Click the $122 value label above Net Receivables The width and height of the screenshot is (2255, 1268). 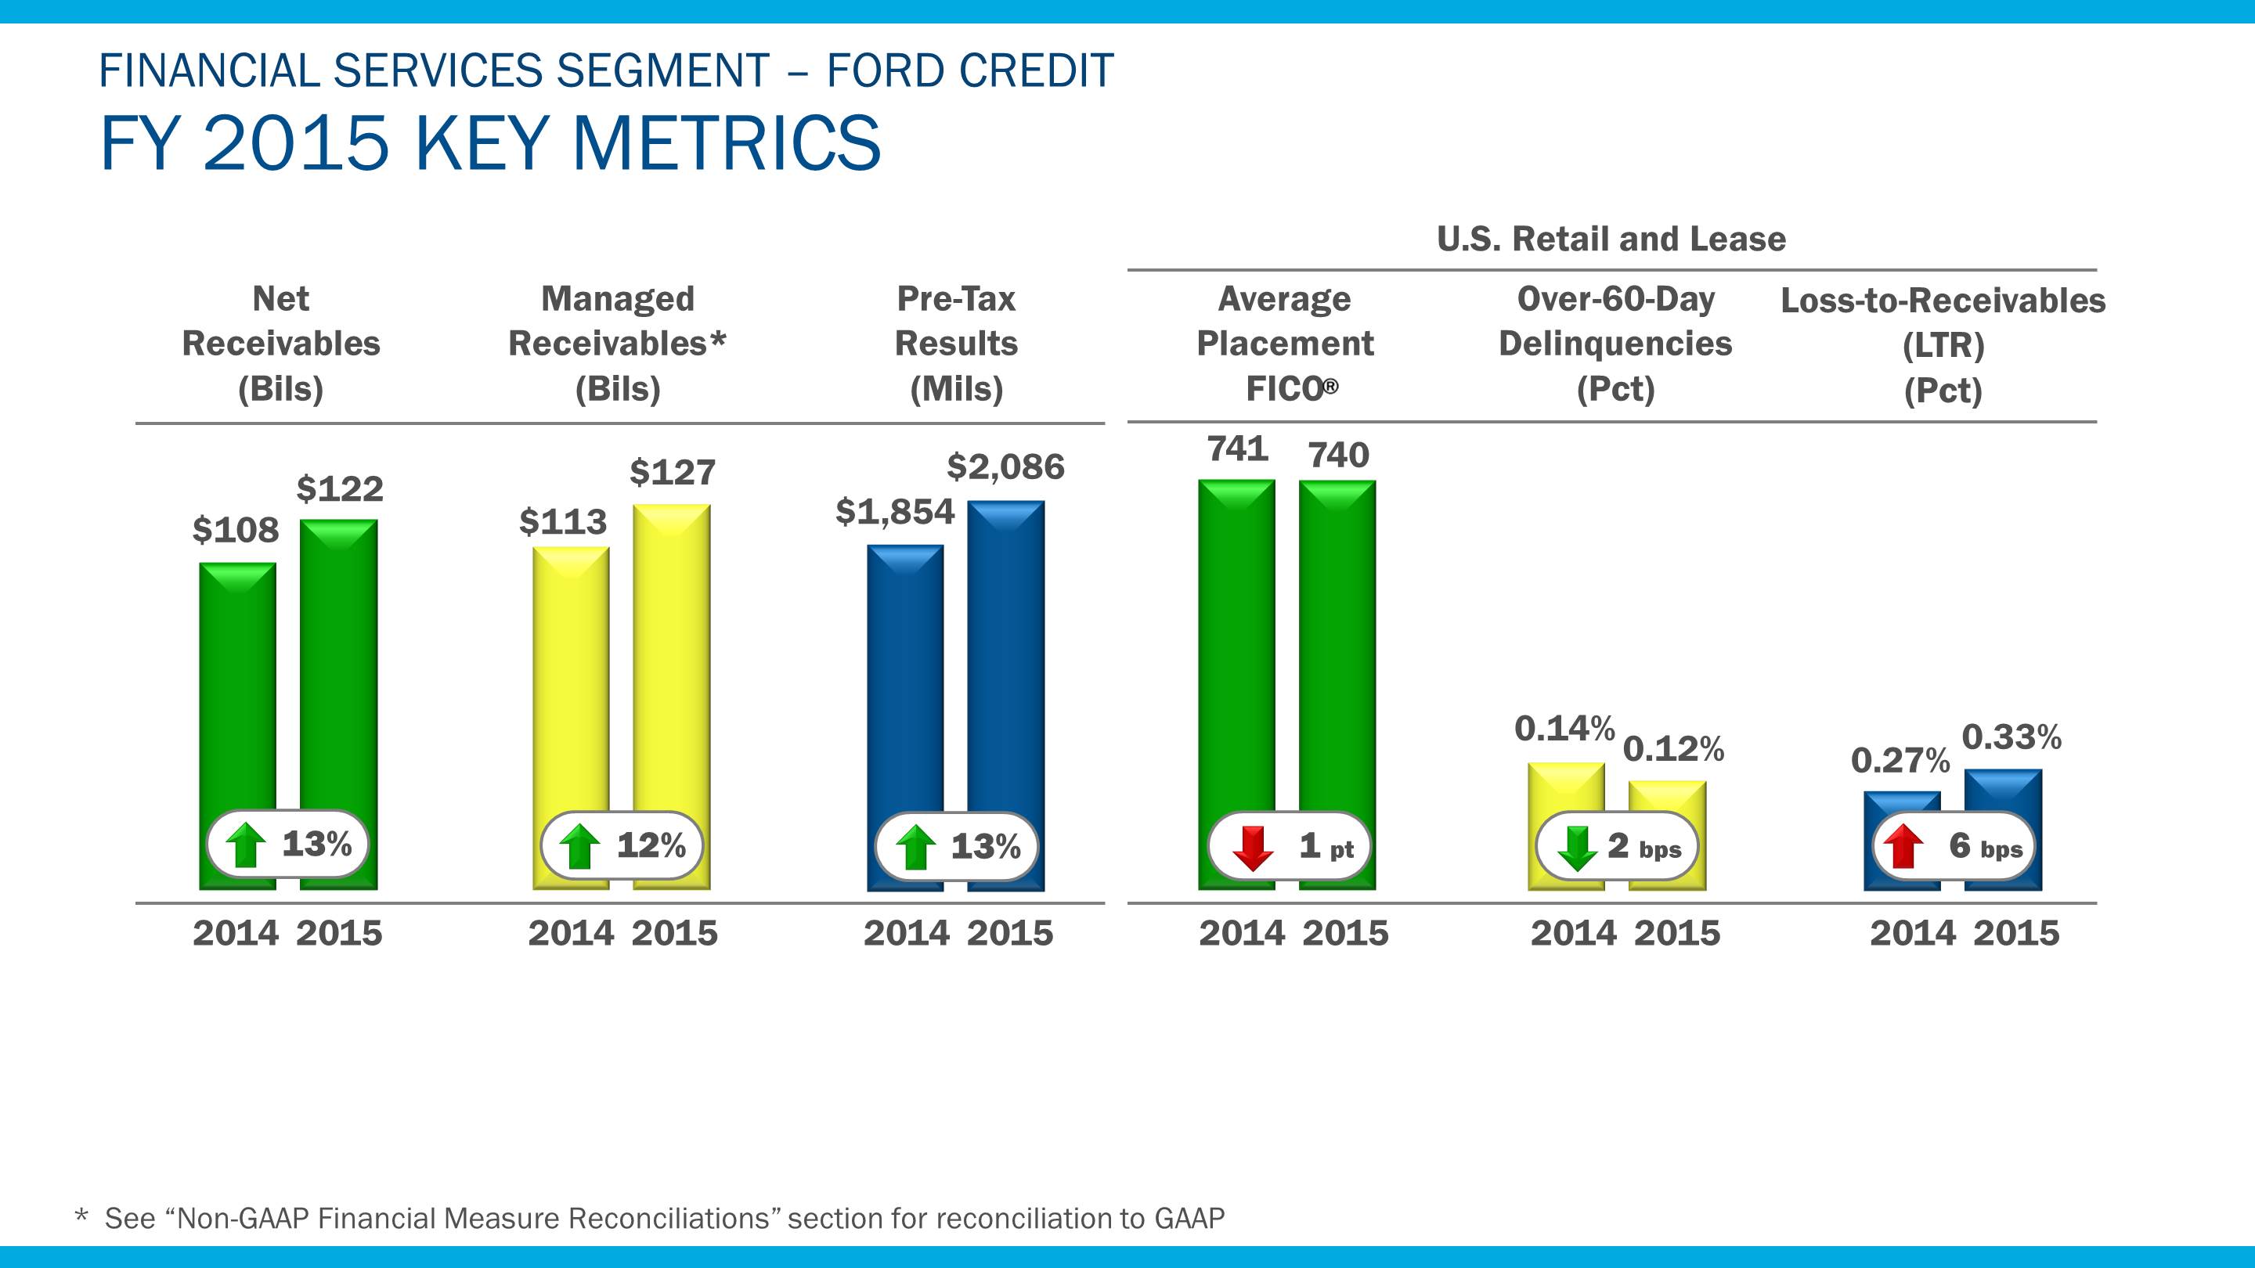pyautogui.click(x=340, y=488)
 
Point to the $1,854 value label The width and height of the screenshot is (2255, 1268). pyautogui.click(x=895, y=512)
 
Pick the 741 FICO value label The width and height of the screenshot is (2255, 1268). pyautogui.click(x=1237, y=449)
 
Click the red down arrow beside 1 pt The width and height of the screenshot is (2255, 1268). pyautogui.click(x=1252, y=847)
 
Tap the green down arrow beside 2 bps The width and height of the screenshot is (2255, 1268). pyautogui.click(x=1578, y=847)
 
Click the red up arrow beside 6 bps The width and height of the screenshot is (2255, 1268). pyautogui.click(x=1903, y=847)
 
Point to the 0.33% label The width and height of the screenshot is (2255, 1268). pyautogui.click(x=2011, y=737)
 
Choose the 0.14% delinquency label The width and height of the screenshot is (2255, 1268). pyautogui.click(x=1564, y=728)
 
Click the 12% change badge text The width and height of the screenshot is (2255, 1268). pyautogui.click(x=651, y=845)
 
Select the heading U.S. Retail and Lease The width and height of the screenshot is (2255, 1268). pyautogui.click(x=1611, y=239)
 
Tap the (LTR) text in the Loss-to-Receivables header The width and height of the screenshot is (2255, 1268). pyautogui.click(x=1943, y=346)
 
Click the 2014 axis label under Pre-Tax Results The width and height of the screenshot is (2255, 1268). pyautogui.click(x=906, y=934)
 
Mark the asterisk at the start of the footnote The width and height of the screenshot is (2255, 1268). pyautogui.click(x=81, y=1216)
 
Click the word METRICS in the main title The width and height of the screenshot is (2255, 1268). pyautogui.click(x=726, y=142)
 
